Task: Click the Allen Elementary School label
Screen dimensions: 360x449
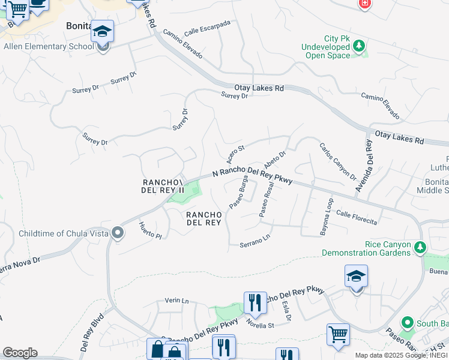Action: (x=48, y=46)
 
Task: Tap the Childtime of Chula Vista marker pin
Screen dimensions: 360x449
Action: (x=118, y=233)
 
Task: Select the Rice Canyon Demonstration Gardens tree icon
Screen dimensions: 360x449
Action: (x=420, y=247)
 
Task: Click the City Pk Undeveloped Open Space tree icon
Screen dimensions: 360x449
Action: (x=360, y=46)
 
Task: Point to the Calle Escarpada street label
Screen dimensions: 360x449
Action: (x=208, y=28)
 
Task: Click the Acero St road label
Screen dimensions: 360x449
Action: (x=235, y=154)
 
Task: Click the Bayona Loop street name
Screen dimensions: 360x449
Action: (x=328, y=216)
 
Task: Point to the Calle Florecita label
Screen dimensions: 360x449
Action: (x=357, y=217)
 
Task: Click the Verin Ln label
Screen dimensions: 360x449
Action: (x=176, y=301)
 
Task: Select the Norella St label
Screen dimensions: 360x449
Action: (x=259, y=325)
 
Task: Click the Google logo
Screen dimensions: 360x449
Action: (x=20, y=353)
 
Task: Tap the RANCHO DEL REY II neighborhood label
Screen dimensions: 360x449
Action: (x=161, y=186)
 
